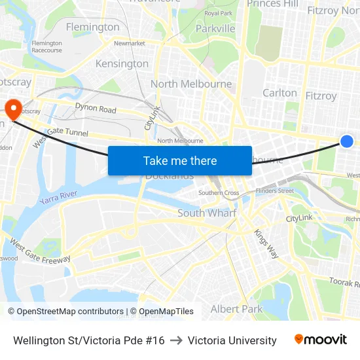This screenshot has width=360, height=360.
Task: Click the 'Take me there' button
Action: click(180, 160)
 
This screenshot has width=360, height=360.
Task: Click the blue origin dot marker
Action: click(347, 141)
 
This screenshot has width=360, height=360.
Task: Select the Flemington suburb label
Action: click(93, 27)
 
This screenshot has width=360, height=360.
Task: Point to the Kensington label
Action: click(122, 63)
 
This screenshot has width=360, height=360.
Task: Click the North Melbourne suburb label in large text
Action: click(191, 84)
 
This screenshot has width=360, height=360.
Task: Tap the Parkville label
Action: click(215, 29)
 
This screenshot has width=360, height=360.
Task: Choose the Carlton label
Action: click(279, 93)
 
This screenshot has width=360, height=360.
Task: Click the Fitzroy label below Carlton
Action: click(321, 96)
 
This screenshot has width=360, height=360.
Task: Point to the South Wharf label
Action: click(207, 213)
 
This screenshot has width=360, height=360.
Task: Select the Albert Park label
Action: click(236, 308)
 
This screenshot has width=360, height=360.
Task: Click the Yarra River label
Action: click(58, 196)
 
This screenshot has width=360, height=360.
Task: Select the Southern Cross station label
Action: click(219, 193)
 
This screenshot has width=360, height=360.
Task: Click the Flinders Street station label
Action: click(275, 191)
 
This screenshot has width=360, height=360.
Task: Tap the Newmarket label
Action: click(129, 43)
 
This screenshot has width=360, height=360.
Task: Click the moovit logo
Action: click(321, 340)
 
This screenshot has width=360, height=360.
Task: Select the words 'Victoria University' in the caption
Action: click(232, 340)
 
